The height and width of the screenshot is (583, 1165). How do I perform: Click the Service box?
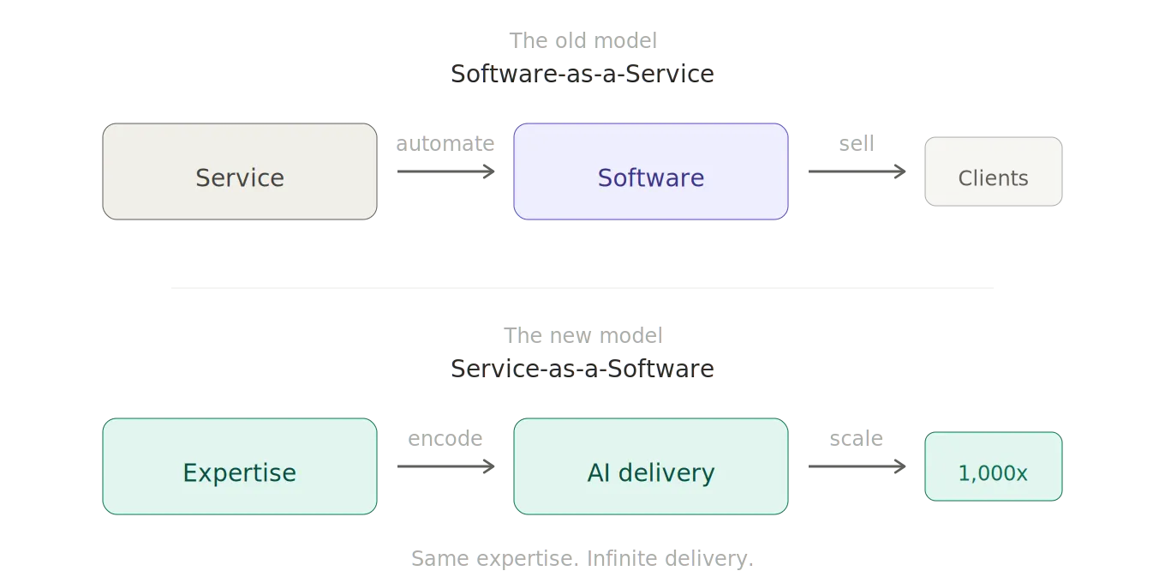tap(240, 171)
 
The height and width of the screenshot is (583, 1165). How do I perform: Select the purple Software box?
tap(651, 171)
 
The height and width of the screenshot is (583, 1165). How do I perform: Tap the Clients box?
tap(993, 171)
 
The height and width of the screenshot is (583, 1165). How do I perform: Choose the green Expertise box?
tap(240, 466)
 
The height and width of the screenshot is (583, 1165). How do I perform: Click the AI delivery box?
tap(651, 466)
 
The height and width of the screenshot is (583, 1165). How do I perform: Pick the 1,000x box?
tap(993, 466)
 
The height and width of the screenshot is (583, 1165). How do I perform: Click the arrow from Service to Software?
tap(447, 171)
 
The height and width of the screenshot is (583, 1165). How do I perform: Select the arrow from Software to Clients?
tap(858, 171)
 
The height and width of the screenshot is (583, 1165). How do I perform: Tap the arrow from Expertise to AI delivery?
tap(447, 466)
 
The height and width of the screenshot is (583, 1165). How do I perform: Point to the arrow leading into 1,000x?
tap(858, 466)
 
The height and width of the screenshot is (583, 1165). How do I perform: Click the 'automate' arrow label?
tap(445, 143)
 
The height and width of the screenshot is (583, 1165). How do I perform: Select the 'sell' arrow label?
tap(857, 143)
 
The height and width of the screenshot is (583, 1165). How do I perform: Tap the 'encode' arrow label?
tap(445, 438)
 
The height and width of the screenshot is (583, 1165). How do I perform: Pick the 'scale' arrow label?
tap(857, 438)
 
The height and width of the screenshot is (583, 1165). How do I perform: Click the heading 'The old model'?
tap(582, 39)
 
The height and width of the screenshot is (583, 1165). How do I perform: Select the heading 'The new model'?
tap(582, 334)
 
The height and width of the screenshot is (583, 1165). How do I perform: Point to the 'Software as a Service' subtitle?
tap(582, 74)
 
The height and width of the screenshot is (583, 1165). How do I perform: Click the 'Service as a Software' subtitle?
tap(582, 369)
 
